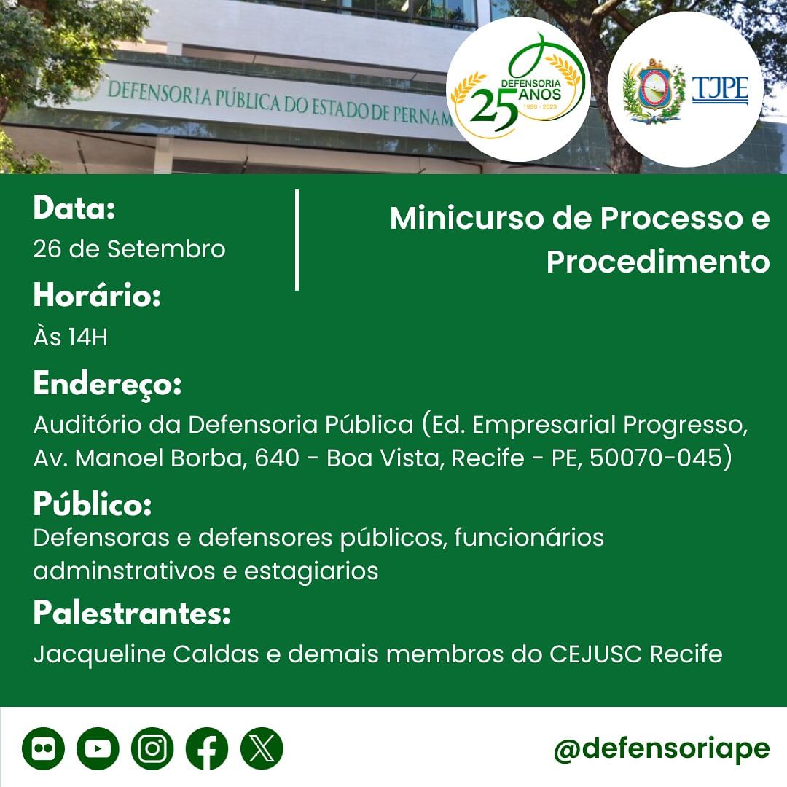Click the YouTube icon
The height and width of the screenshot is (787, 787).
coord(98,748)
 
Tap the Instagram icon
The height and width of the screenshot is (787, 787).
coord(152,748)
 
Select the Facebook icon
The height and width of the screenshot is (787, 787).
coord(207,748)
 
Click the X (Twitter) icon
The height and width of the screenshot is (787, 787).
coord(262,748)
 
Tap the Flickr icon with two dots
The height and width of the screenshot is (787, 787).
coord(43,748)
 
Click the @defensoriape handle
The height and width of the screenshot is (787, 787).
coord(662,749)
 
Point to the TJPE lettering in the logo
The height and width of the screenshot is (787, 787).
coord(720,90)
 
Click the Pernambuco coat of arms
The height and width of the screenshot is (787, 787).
coord(654,91)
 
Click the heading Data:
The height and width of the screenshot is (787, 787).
coord(74,207)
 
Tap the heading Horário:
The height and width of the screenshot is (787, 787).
coord(97,294)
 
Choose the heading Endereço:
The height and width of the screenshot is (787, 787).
coord(107,384)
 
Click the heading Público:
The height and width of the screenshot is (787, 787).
coord(93,504)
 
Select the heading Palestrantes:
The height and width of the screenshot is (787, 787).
coord(132,612)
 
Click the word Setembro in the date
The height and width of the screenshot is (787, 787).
coord(166,249)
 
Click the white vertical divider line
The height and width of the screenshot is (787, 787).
coord(297,240)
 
